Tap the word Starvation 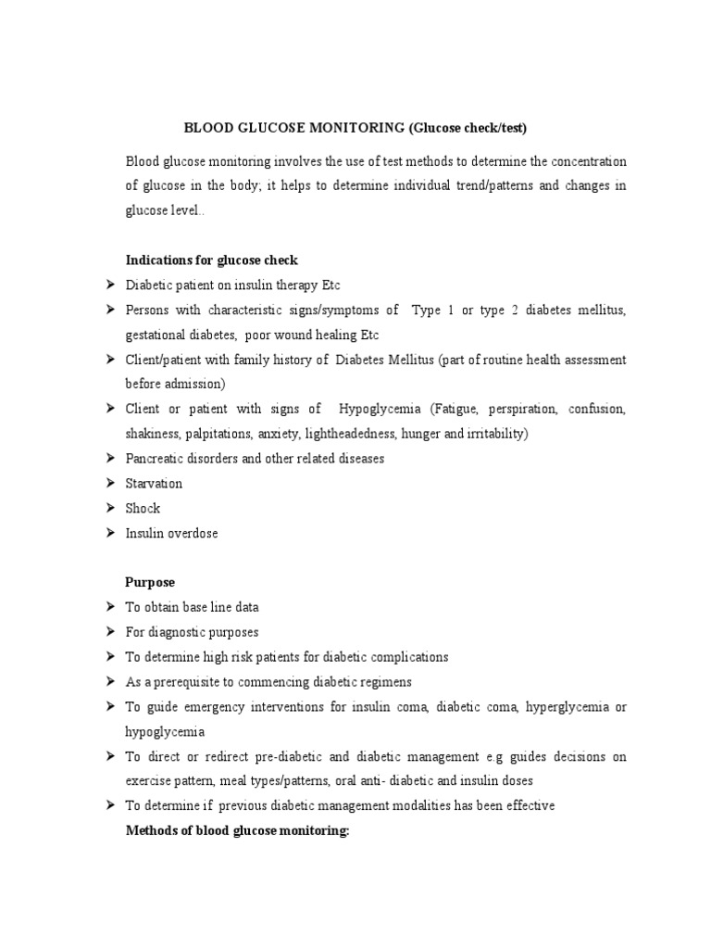tap(154, 483)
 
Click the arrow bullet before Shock tap(108, 508)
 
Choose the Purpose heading tap(150, 582)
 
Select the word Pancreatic tap(156, 459)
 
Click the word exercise tap(151, 780)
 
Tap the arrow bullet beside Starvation tap(108, 483)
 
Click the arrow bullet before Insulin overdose tap(108, 533)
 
